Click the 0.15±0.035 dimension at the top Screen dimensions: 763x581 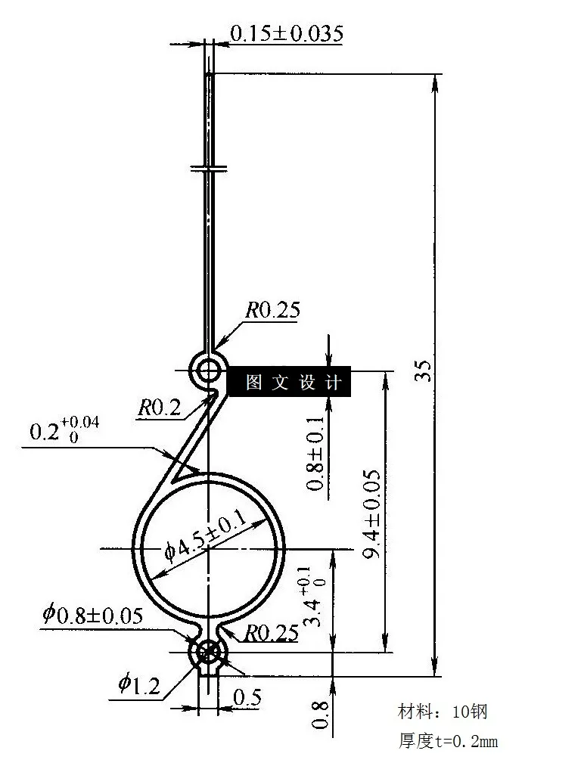[x=286, y=33]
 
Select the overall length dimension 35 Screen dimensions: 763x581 [x=424, y=371]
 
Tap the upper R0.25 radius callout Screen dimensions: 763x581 [x=272, y=310]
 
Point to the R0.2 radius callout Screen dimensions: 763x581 [x=159, y=408]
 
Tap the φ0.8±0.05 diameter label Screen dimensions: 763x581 [x=92, y=615]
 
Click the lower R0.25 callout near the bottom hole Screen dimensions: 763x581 [x=270, y=634]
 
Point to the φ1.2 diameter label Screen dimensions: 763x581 [x=138, y=686]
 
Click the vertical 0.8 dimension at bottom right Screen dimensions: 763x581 [x=320, y=715]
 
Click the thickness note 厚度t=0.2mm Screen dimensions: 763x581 [x=448, y=741]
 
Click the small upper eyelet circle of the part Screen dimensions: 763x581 [x=207, y=371]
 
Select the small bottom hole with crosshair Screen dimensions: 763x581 [x=207, y=653]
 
